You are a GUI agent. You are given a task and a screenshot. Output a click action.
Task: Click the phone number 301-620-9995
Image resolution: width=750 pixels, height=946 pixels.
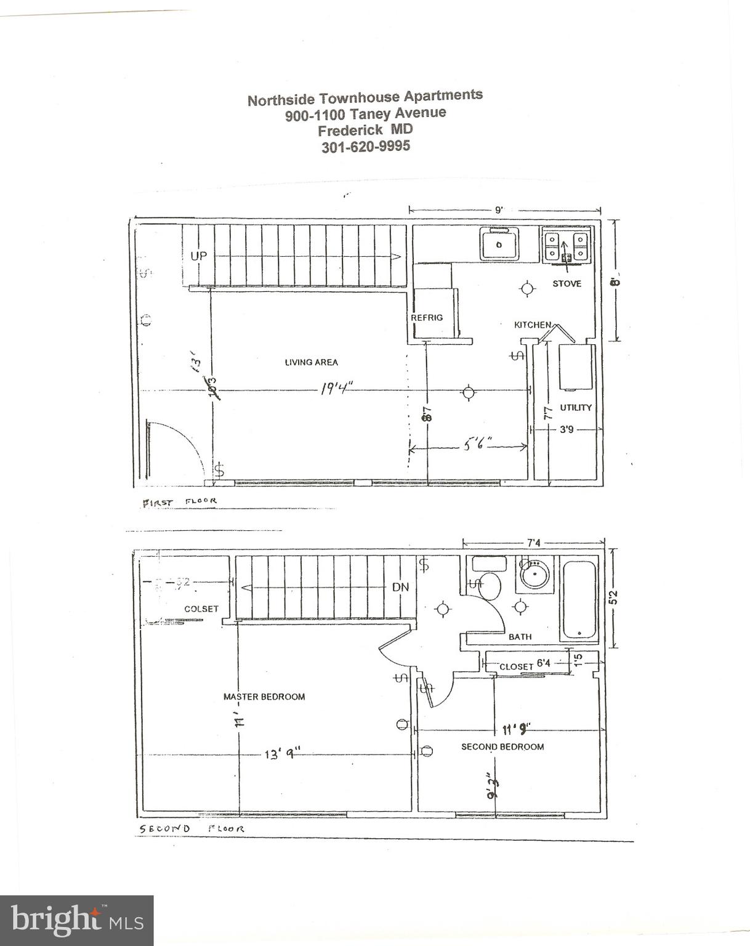(366, 147)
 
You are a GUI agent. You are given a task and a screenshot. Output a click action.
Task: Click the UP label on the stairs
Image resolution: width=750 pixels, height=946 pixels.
(198, 256)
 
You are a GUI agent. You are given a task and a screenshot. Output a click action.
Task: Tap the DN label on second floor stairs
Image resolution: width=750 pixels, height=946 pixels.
(400, 587)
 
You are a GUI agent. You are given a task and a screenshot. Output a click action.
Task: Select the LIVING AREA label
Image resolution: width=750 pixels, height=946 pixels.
(311, 362)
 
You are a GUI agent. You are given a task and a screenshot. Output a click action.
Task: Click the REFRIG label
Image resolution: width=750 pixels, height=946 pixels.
(427, 317)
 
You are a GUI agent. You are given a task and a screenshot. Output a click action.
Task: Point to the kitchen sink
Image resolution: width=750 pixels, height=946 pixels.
(499, 244)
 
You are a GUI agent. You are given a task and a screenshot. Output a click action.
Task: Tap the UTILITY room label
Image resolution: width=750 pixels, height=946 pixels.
(575, 407)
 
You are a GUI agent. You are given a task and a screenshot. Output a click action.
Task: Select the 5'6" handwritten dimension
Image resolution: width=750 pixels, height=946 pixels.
(477, 443)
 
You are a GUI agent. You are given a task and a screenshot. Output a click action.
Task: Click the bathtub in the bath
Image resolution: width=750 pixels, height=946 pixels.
(579, 599)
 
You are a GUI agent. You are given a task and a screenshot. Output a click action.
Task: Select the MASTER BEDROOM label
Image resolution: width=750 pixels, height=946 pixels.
(264, 697)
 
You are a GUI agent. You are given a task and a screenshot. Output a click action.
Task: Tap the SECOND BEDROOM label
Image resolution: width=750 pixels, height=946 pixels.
(502, 746)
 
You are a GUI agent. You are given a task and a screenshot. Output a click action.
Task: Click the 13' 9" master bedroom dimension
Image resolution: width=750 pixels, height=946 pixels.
(282, 753)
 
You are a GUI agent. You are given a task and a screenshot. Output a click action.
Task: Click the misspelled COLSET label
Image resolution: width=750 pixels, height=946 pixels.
(201, 608)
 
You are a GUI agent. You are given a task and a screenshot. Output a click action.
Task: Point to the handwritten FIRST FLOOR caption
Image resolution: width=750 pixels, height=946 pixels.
(179, 502)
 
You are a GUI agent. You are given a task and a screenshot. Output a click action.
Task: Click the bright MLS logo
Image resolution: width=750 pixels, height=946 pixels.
(76, 920)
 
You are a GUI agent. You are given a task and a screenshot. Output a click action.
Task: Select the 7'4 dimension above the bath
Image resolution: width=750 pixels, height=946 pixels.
(533, 543)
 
